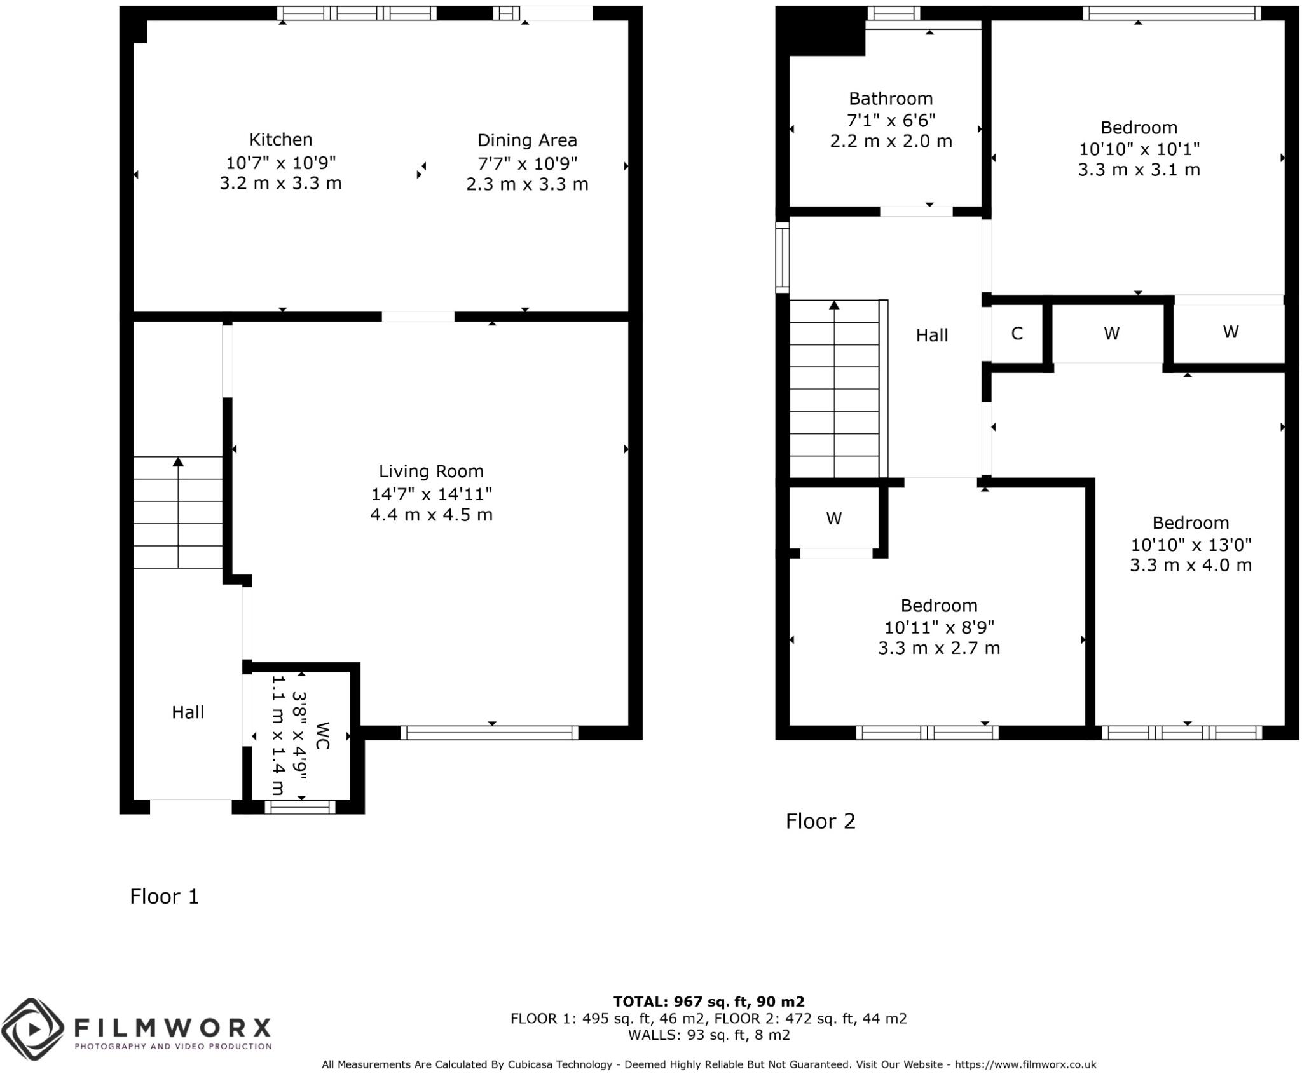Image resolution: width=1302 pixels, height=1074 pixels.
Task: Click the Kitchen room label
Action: (280, 140)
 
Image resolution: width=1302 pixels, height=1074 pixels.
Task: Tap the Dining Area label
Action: (527, 140)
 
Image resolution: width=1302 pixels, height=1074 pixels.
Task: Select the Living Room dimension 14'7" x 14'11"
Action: (431, 493)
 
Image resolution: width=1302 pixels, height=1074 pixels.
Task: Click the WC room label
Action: (322, 735)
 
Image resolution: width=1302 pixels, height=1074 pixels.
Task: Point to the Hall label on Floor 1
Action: (188, 712)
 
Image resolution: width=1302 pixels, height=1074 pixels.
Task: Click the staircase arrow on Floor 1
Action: (178, 462)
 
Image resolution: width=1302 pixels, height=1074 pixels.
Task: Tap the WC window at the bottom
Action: (299, 807)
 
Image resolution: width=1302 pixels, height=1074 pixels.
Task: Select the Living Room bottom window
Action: (489, 733)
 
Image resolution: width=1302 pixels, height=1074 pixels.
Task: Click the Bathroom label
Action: (891, 99)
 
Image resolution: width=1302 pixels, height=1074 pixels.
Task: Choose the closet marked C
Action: (1017, 334)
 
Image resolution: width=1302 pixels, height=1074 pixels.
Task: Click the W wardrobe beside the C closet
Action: (1111, 334)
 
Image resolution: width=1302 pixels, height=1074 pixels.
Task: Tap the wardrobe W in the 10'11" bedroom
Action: (833, 519)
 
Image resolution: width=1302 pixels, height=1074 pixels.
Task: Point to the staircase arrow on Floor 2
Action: (834, 306)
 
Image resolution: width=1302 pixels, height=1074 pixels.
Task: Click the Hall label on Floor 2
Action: (932, 336)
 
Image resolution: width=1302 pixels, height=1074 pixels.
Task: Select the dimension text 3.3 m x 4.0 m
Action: (1190, 565)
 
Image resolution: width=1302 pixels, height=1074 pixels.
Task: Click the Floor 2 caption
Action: (820, 821)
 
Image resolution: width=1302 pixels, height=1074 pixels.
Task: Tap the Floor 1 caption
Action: (164, 897)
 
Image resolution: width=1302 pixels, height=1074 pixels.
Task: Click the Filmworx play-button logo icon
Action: (33, 1029)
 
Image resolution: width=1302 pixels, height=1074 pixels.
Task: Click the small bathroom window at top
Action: (893, 13)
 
